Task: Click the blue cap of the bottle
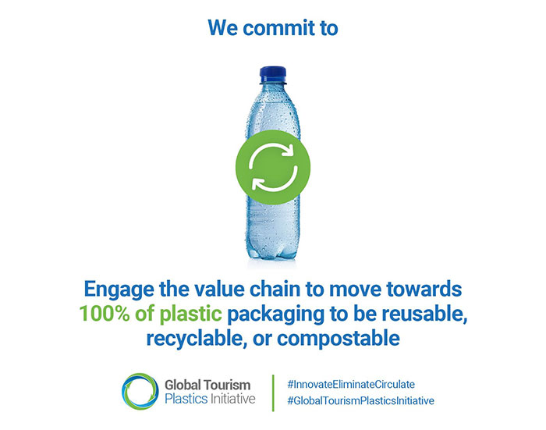273,75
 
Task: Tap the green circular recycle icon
273,167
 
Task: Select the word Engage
119,290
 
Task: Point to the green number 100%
105,313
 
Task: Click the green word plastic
190,315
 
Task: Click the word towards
424,289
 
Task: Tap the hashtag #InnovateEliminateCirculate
351,385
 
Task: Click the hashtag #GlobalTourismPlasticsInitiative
360,400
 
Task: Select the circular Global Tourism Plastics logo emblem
140,391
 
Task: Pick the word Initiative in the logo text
232,399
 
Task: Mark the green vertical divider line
273,393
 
